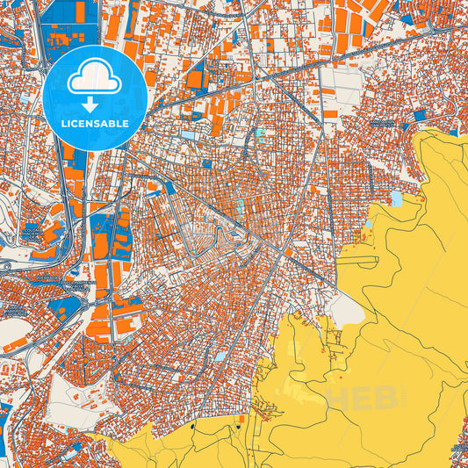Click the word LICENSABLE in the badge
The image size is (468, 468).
click(x=94, y=125)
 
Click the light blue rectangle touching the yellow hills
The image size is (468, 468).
click(x=396, y=199)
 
